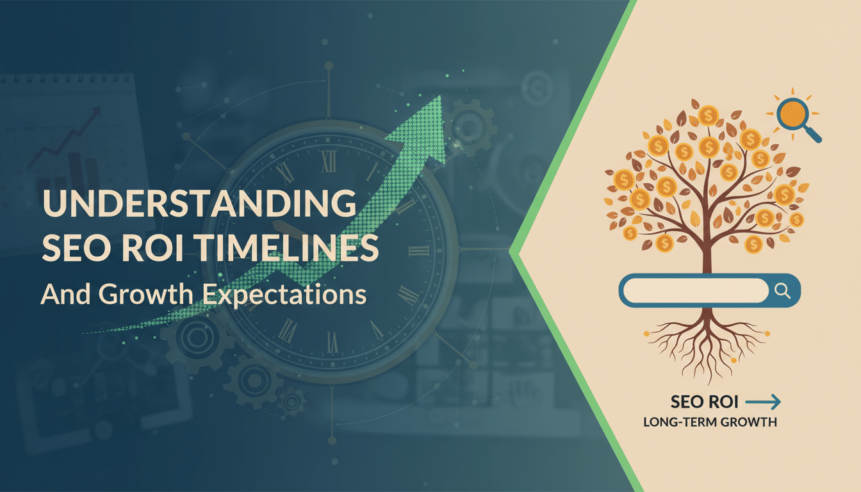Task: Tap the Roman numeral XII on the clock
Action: click(x=329, y=161)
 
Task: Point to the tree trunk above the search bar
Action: click(x=707, y=253)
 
